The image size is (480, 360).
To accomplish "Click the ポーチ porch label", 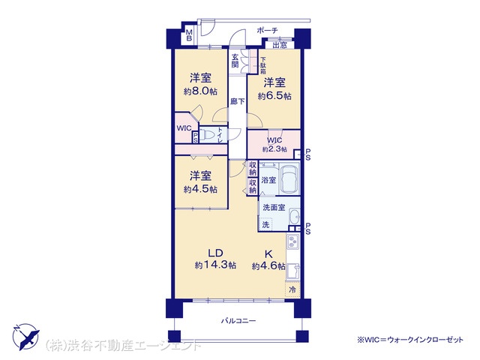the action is (x=267, y=30).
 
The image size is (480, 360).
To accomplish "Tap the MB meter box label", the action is (x=189, y=35).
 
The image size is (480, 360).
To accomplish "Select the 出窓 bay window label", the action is (x=280, y=45).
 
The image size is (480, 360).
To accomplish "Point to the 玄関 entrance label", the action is (x=235, y=61).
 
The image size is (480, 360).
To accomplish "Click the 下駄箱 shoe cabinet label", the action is (x=263, y=66).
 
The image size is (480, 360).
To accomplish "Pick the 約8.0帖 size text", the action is (x=200, y=91).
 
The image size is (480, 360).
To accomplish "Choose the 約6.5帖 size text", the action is (x=274, y=96).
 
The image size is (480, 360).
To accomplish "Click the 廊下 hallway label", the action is (x=237, y=101).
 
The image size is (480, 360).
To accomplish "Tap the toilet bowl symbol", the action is (x=209, y=135).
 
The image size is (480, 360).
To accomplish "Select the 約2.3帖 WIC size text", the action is (x=274, y=150).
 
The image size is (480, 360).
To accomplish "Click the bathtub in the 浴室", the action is (x=289, y=178).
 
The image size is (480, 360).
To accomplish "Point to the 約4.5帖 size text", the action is (x=200, y=190).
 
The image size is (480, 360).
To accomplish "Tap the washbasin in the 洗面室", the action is (x=295, y=217).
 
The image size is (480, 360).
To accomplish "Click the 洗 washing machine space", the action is (x=265, y=225).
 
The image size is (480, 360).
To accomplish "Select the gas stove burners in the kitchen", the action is (x=293, y=241).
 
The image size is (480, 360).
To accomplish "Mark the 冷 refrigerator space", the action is (x=292, y=289).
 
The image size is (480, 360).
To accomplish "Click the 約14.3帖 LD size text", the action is (x=215, y=265).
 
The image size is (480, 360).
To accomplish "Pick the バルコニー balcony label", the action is (x=238, y=321).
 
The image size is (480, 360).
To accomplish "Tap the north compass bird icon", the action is (x=26, y=337).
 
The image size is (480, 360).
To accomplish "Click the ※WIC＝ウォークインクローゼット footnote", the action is (x=410, y=340).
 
